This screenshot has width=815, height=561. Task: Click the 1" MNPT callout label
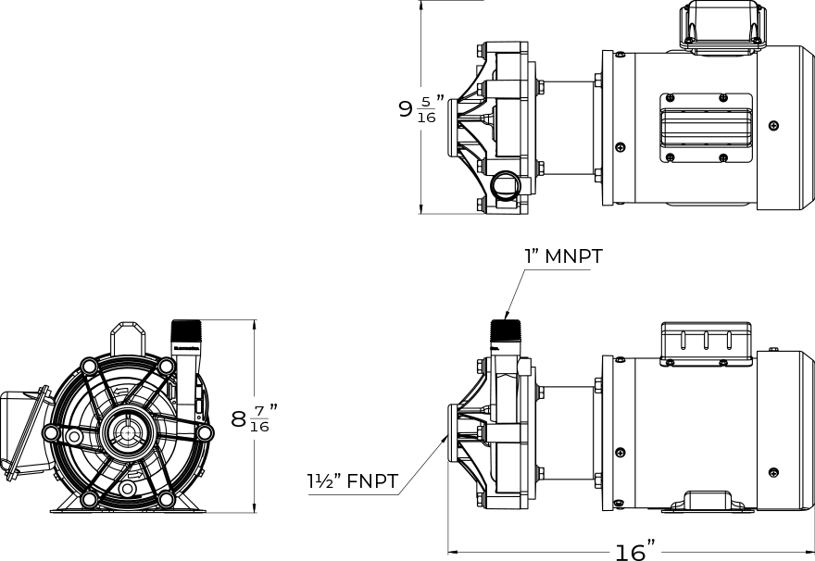point(563,256)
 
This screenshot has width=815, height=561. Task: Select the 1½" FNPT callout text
point(353,481)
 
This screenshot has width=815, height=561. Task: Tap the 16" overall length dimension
point(635,551)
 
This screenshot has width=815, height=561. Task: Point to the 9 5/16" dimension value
point(422,108)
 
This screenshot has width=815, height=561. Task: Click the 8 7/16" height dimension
point(254,418)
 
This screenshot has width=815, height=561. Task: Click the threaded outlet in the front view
point(185,330)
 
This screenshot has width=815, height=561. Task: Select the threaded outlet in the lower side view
point(506,330)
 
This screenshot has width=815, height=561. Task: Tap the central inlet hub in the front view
point(126,431)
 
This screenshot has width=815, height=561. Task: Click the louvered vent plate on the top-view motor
point(707,127)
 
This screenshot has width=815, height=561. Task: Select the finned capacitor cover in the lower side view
point(706,343)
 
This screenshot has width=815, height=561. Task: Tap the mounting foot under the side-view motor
point(709,501)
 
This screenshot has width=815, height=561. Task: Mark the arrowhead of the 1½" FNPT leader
point(444,440)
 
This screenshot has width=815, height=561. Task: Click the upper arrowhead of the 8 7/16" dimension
point(254,325)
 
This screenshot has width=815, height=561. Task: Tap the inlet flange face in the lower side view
point(451,433)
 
